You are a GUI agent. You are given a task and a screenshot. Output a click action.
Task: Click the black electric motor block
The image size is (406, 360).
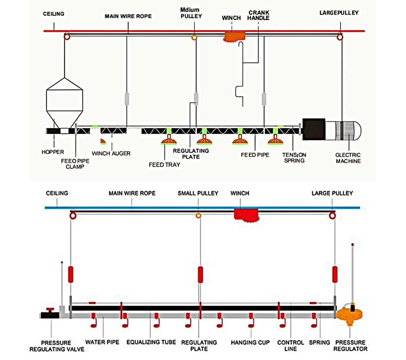pos(314,129)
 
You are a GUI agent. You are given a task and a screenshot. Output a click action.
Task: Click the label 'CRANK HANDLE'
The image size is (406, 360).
pos(258,15)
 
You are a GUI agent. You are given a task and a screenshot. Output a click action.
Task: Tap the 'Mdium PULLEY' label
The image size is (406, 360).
pos(191,13)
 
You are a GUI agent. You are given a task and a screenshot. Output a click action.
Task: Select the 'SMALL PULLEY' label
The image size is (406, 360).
pos(198,193)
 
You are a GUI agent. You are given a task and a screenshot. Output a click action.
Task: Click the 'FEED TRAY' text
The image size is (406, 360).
pos(164,165)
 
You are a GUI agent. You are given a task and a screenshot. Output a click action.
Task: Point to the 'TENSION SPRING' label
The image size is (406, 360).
pos(294,158)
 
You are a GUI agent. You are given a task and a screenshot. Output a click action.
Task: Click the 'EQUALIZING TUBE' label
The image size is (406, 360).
pos(151,342)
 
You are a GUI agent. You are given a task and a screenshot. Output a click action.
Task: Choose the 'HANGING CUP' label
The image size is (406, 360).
pos(250,343)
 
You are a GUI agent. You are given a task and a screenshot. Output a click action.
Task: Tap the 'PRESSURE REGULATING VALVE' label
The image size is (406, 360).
pos(57,346)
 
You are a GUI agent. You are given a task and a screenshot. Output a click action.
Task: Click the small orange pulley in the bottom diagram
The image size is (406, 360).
pos(199,215)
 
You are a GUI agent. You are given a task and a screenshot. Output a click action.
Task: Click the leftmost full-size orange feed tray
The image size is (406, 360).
pos(168,140)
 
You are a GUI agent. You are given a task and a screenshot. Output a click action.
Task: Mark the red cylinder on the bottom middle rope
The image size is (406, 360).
pos(200,274)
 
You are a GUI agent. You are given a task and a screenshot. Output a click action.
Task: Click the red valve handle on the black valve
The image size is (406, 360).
pos(50,310)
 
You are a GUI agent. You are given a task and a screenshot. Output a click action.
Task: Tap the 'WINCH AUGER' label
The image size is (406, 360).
pos(111,153)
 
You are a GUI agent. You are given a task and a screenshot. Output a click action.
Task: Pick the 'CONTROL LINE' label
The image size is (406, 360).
pos(290,345)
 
